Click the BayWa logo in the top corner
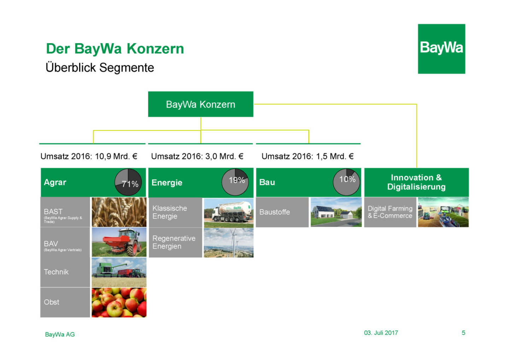(x=441, y=49)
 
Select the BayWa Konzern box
(x=201, y=104)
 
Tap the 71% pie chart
(x=128, y=182)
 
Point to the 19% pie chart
(x=235, y=182)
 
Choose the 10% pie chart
(x=346, y=182)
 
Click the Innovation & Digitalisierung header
(x=416, y=182)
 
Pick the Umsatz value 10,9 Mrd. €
(x=116, y=156)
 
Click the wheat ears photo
(x=119, y=212)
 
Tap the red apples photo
(x=119, y=302)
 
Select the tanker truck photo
(x=229, y=213)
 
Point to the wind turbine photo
(x=229, y=243)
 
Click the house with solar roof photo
(x=336, y=212)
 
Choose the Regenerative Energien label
(x=174, y=242)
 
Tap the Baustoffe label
(x=275, y=212)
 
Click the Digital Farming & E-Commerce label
(x=390, y=212)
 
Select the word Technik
(x=56, y=272)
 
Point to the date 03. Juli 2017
(x=381, y=333)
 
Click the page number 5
(x=463, y=333)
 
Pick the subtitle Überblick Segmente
(x=100, y=68)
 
